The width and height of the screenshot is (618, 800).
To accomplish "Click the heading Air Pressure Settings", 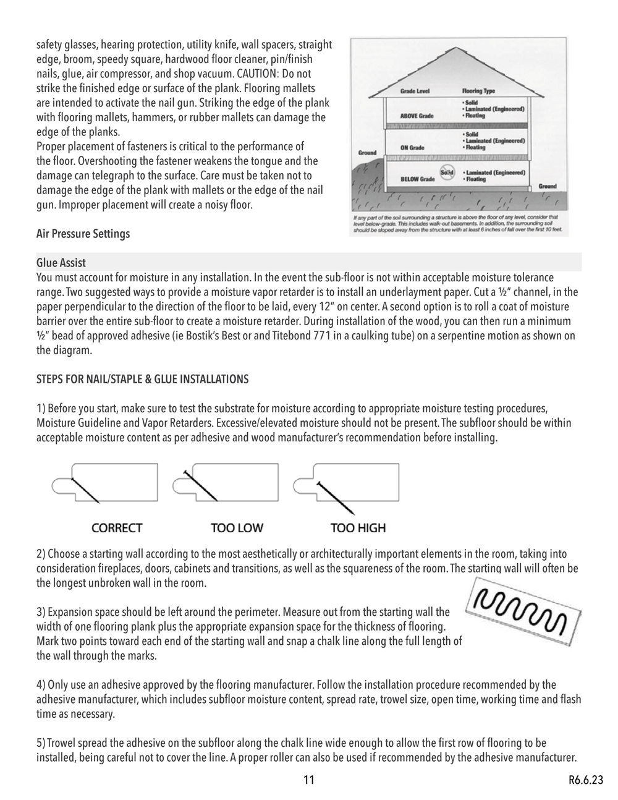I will [83, 234].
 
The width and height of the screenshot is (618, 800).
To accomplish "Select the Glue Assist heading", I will [61, 263].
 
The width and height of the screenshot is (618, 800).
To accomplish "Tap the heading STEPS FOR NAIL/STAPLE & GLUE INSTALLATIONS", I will [143, 380].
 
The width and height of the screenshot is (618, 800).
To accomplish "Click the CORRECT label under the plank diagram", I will [117, 528].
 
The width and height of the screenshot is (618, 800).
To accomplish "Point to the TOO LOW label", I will [237, 528].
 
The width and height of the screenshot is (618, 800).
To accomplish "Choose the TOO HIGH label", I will [358, 528].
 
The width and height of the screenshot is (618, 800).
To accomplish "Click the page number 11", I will [309, 780].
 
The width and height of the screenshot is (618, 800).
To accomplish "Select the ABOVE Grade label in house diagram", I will [417, 116].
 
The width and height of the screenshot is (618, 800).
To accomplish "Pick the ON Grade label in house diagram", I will [412, 148].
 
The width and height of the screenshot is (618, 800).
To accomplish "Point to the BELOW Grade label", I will [417, 179].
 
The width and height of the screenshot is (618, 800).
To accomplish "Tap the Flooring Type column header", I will [478, 91].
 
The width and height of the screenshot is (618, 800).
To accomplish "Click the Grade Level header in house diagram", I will [415, 91].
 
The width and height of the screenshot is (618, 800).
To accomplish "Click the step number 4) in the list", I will [41, 685].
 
